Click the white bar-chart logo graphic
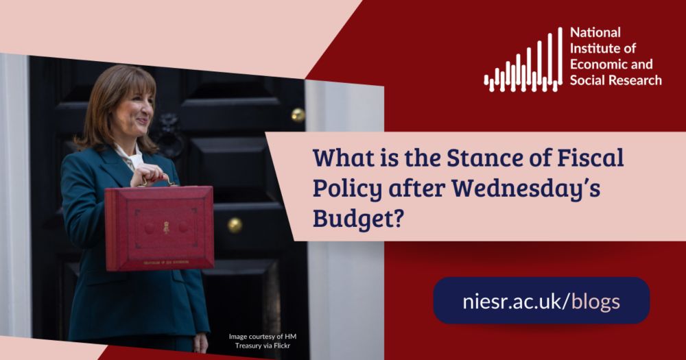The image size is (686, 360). (x=523, y=64)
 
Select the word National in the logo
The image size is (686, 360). (x=595, y=32)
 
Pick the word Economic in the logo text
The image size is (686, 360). (x=598, y=64)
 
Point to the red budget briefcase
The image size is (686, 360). (x=159, y=227)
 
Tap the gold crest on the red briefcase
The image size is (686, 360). (x=165, y=226)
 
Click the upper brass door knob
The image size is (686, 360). (x=298, y=115)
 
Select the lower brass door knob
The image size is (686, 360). (x=235, y=225)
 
